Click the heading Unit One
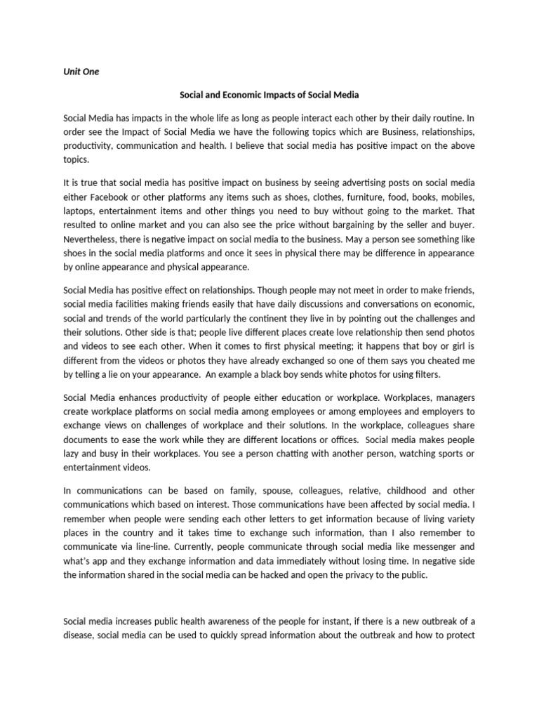(81, 72)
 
